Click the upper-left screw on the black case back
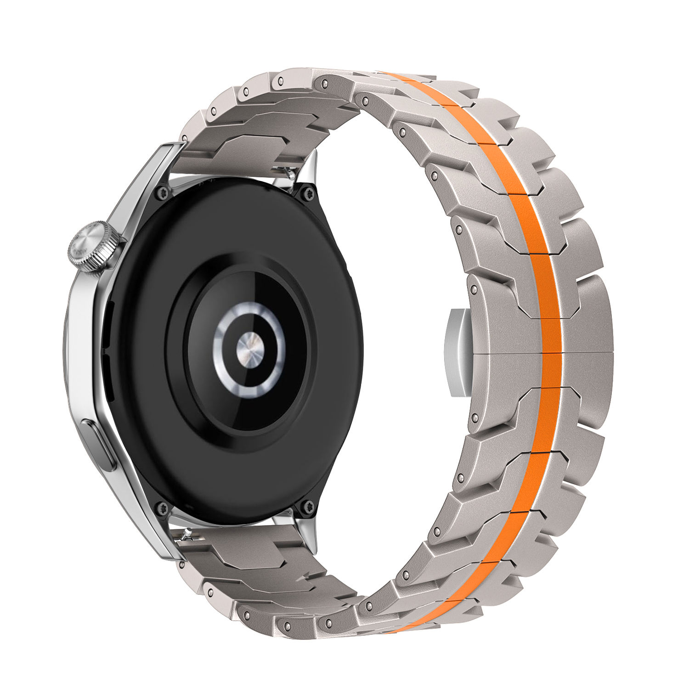tap(162, 193)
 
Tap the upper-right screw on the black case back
tap(307, 193)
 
